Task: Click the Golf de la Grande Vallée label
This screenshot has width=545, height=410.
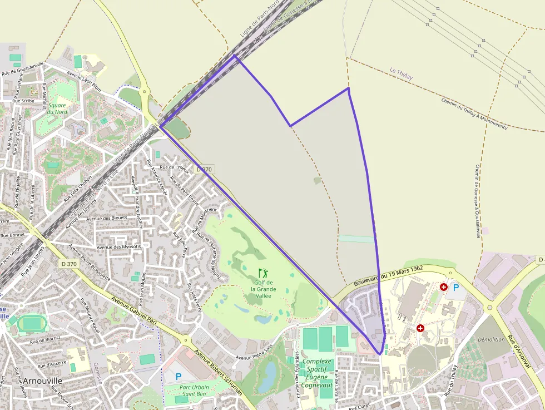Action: coord(263,289)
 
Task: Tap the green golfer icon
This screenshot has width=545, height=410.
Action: coord(263,273)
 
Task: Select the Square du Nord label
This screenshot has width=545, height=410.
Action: coord(57,108)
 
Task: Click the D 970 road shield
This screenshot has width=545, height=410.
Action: coord(205,169)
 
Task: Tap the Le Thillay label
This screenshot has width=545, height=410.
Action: coord(401,74)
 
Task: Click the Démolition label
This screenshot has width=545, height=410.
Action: coord(491,339)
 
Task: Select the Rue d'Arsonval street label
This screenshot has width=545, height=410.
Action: coord(521,350)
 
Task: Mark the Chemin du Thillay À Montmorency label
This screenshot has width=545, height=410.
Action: coord(474,113)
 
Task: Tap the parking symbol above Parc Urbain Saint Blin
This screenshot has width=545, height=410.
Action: coord(179,377)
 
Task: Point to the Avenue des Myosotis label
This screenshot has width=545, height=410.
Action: coord(119,246)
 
